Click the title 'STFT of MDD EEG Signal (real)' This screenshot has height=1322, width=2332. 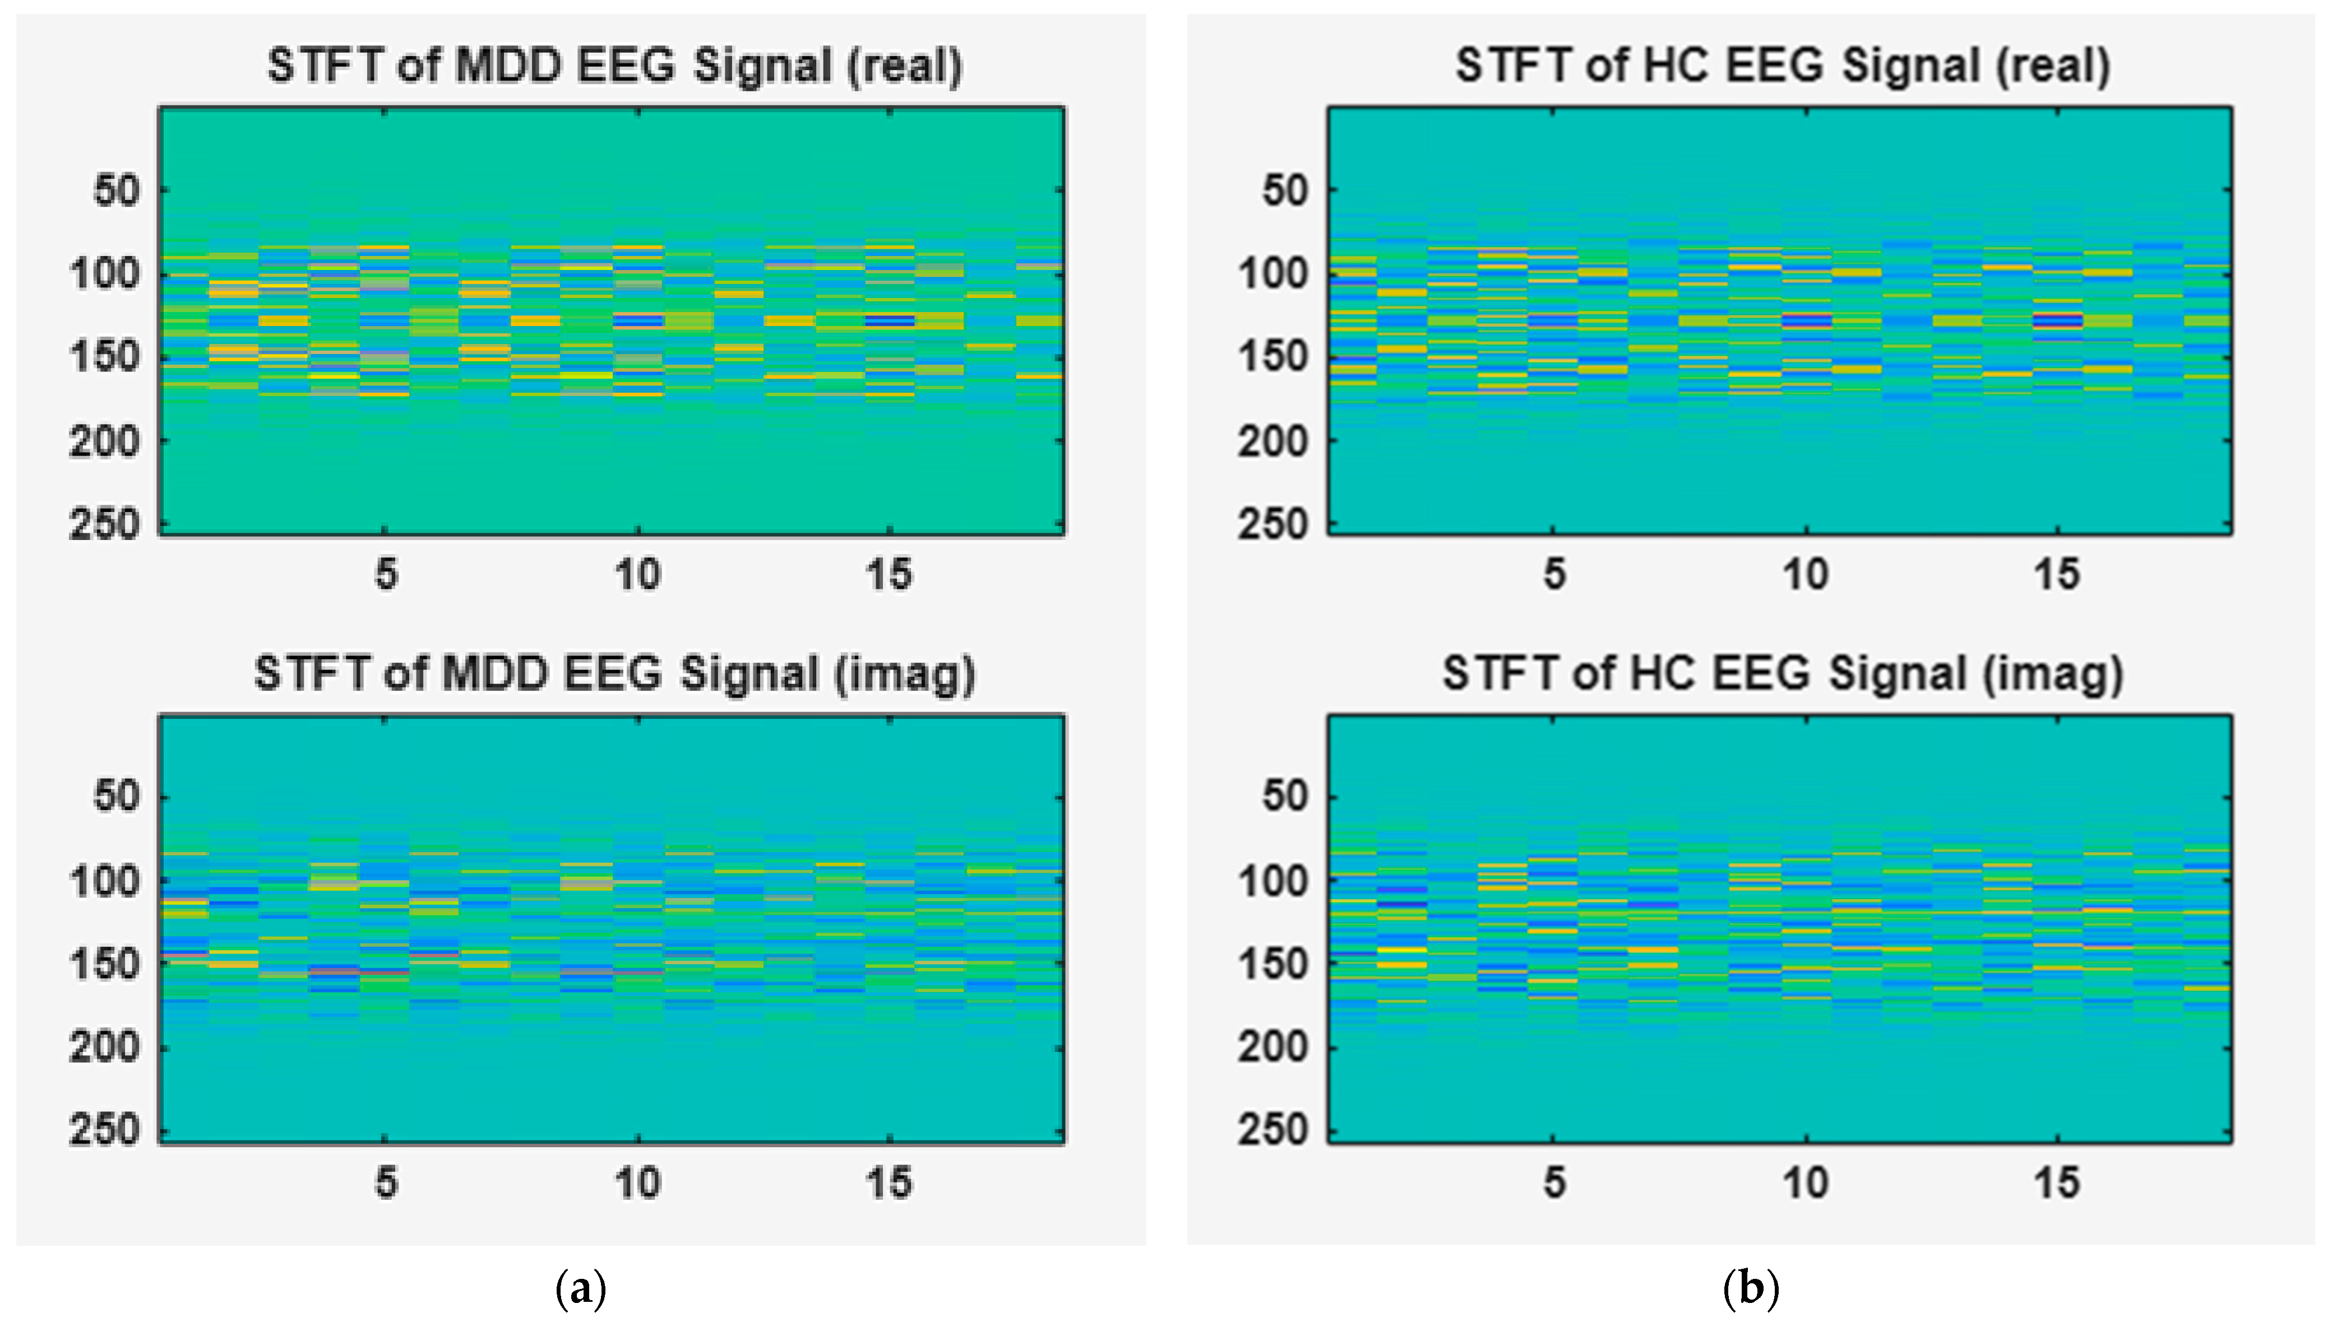coord(615,66)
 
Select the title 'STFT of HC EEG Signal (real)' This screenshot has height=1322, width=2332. coord(1783,66)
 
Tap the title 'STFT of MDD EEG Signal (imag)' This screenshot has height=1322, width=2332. coord(615,674)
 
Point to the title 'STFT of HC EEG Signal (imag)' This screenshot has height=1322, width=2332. coord(1783,674)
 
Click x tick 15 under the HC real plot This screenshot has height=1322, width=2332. coord(2057,575)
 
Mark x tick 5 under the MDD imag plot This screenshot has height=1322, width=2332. coord(386,1183)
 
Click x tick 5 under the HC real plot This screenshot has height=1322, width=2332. coord(1554,575)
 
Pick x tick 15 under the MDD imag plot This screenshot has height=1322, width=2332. coord(889,1183)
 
